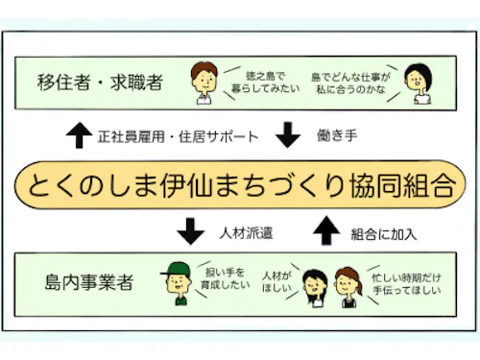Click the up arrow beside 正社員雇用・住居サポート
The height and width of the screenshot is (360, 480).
tap(80, 135)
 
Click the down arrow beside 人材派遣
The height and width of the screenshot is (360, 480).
tap(192, 231)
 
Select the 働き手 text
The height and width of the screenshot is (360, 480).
tap(337, 136)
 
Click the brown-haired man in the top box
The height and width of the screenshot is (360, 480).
tap(203, 83)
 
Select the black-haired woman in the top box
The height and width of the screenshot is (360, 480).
tap(416, 84)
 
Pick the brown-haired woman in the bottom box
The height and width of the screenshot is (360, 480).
tap(343, 286)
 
